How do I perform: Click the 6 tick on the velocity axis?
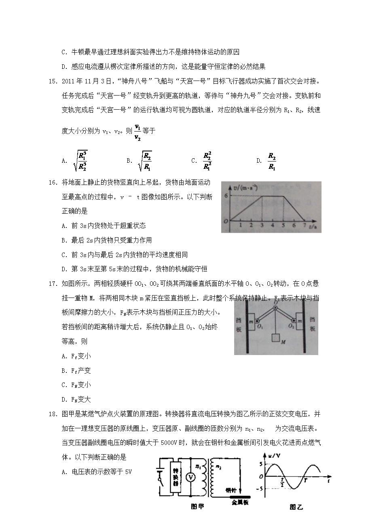(227, 196)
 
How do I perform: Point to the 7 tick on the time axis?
(304, 225)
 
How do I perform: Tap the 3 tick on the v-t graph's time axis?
(262, 225)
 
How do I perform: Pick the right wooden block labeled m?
(300, 321)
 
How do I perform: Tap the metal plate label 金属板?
(239, 503)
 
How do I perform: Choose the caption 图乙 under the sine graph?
(296, 506)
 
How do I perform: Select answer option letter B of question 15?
(129, 161)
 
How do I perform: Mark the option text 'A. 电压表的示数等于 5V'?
(97, 472)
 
